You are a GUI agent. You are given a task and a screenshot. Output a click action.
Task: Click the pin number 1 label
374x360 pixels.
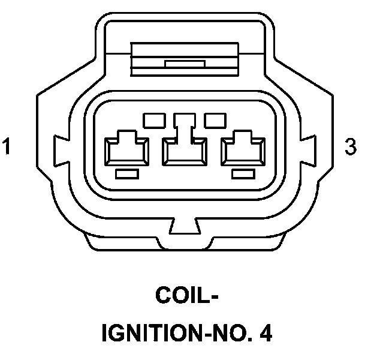pos(7,146)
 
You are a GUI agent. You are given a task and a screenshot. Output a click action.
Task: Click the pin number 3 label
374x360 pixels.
pos(351,146)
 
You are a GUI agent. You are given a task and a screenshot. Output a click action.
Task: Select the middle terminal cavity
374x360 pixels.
pos(186,150)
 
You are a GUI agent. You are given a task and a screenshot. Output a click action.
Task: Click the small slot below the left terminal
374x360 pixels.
pos(126,173)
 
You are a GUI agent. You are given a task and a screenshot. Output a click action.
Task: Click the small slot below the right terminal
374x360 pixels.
pos(243,173)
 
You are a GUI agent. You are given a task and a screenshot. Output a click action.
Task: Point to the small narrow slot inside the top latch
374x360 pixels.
pos(186,63)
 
